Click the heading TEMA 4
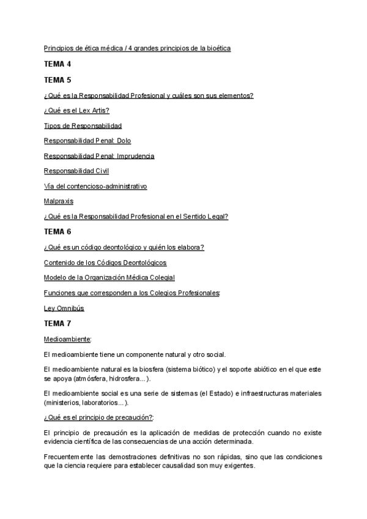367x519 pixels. (x=57, y=64)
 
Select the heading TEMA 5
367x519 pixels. (x=57, y=80)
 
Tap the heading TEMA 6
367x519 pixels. (x=57, y=231)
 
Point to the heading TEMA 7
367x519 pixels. (x=57, y=323)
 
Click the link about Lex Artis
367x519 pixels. (x=76, y=110)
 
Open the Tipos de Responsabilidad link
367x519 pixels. (x=83, y=125)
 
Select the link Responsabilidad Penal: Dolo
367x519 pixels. (x=87, y=141)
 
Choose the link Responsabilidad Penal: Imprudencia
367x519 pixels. (x=99, y=156)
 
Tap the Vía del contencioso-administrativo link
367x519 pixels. (x=95, y=186)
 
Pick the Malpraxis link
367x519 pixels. (x=59, y=201)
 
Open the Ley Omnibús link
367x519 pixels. (x=64, y=308)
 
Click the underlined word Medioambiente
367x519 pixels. (x=68, y=338)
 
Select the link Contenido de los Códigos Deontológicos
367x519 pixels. (x=105, y=263)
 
